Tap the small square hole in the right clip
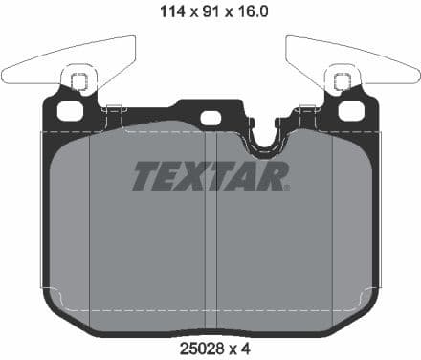[340, 81]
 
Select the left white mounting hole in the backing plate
[70, 111]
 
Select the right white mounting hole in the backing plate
[350, 111]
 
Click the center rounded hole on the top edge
[210, 118]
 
